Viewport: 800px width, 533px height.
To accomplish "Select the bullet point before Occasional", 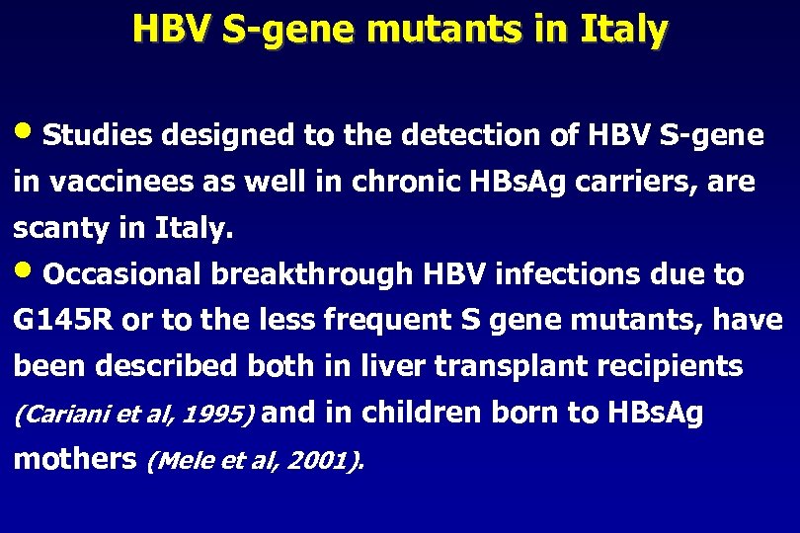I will tap(27, 272).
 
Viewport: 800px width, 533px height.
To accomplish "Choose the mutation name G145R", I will tap(60, 321).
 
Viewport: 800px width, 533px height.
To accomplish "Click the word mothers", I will tap(75, 459).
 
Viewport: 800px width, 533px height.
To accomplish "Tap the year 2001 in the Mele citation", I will tap(315, 461).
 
